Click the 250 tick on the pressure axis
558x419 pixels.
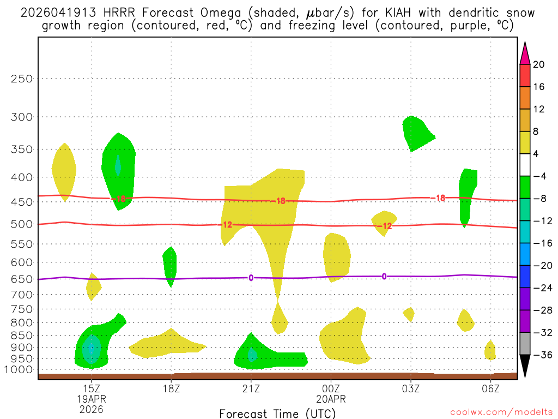click(x=22, y=79)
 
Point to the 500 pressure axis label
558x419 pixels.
click(x=22, y=224)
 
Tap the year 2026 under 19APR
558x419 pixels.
click(x=91, y=409)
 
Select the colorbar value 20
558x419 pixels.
click(x=539, y=64)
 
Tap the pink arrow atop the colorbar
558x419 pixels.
click(x=525, y=53)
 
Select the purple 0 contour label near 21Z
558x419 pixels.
click(x=251, y=278)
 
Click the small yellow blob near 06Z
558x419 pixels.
click(x=490, y=351)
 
